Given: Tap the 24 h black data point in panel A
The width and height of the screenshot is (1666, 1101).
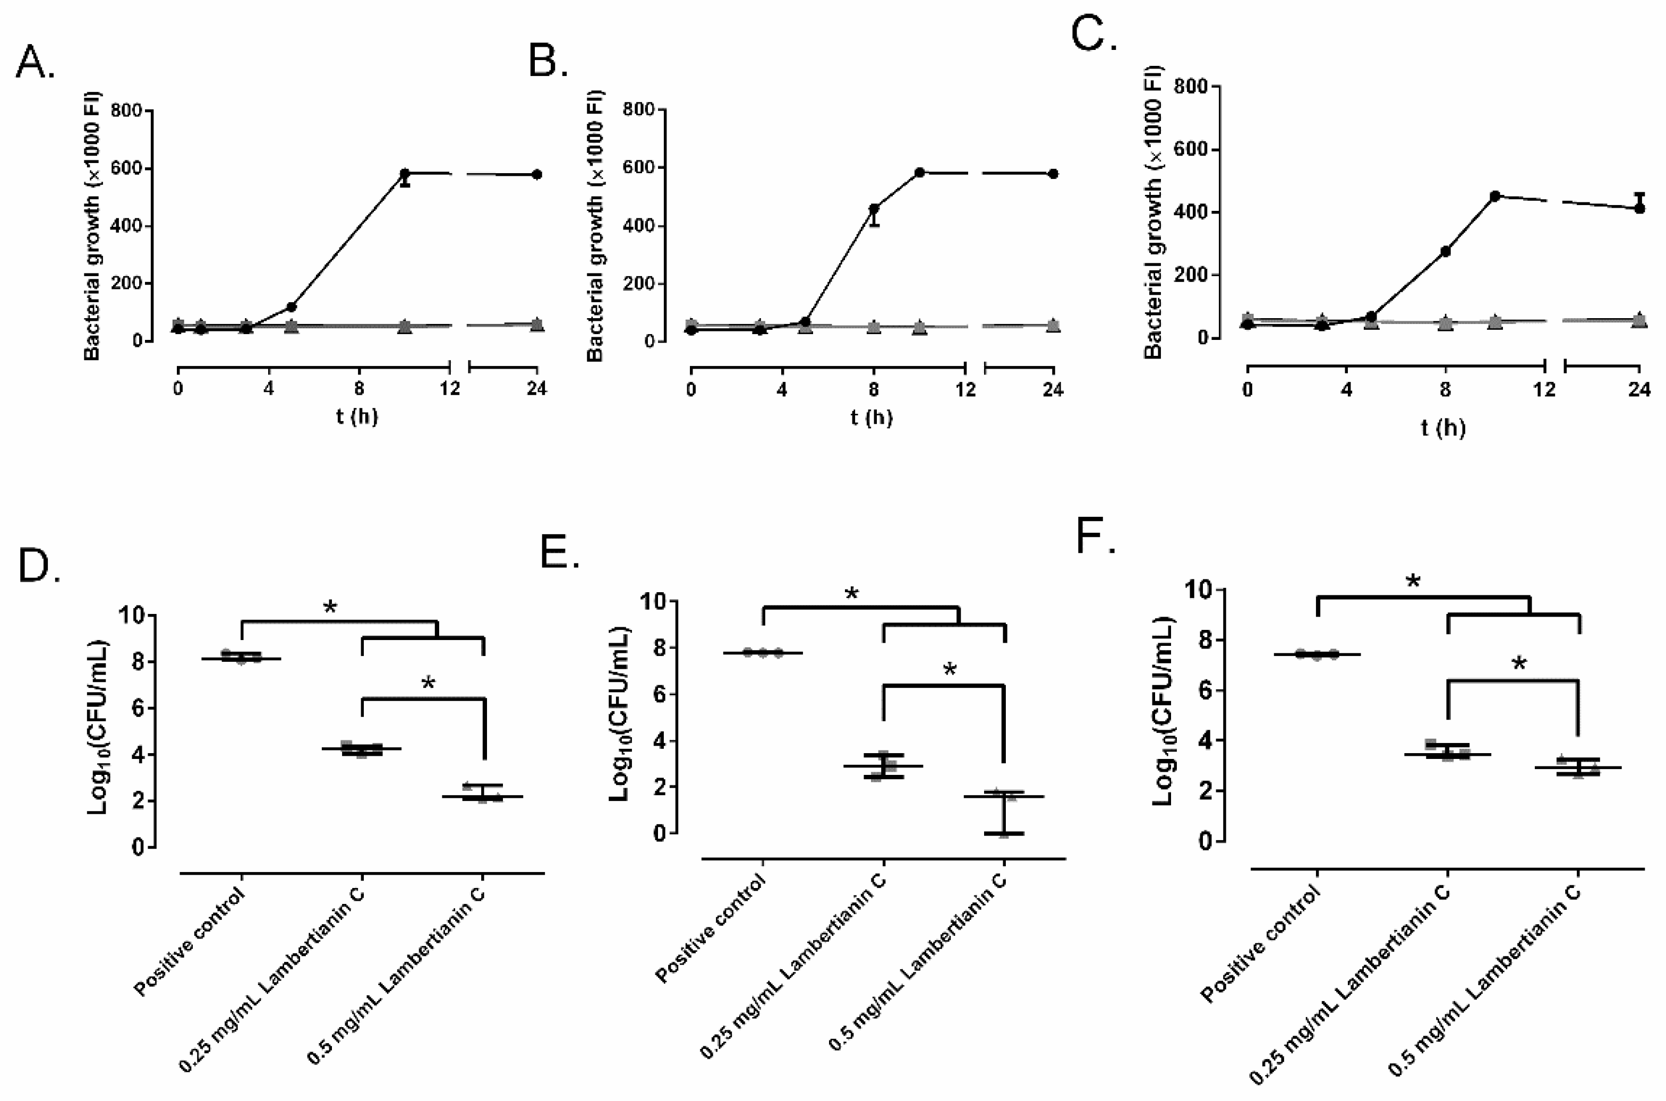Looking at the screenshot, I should [536, 174].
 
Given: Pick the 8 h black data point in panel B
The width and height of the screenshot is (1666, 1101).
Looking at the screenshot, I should [874, 209].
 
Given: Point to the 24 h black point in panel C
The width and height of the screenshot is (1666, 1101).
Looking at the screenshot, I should [1639, 208].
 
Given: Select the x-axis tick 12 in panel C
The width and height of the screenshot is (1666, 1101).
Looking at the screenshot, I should [1544, 388].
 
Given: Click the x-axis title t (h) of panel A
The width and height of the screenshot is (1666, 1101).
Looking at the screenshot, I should [357, 417].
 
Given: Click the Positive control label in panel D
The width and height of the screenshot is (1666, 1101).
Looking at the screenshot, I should [190, 941].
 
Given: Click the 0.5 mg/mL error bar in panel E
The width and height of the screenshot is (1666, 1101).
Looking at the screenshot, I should [1004, 813].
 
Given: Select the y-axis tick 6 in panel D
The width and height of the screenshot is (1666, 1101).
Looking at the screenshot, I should [138, 709].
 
